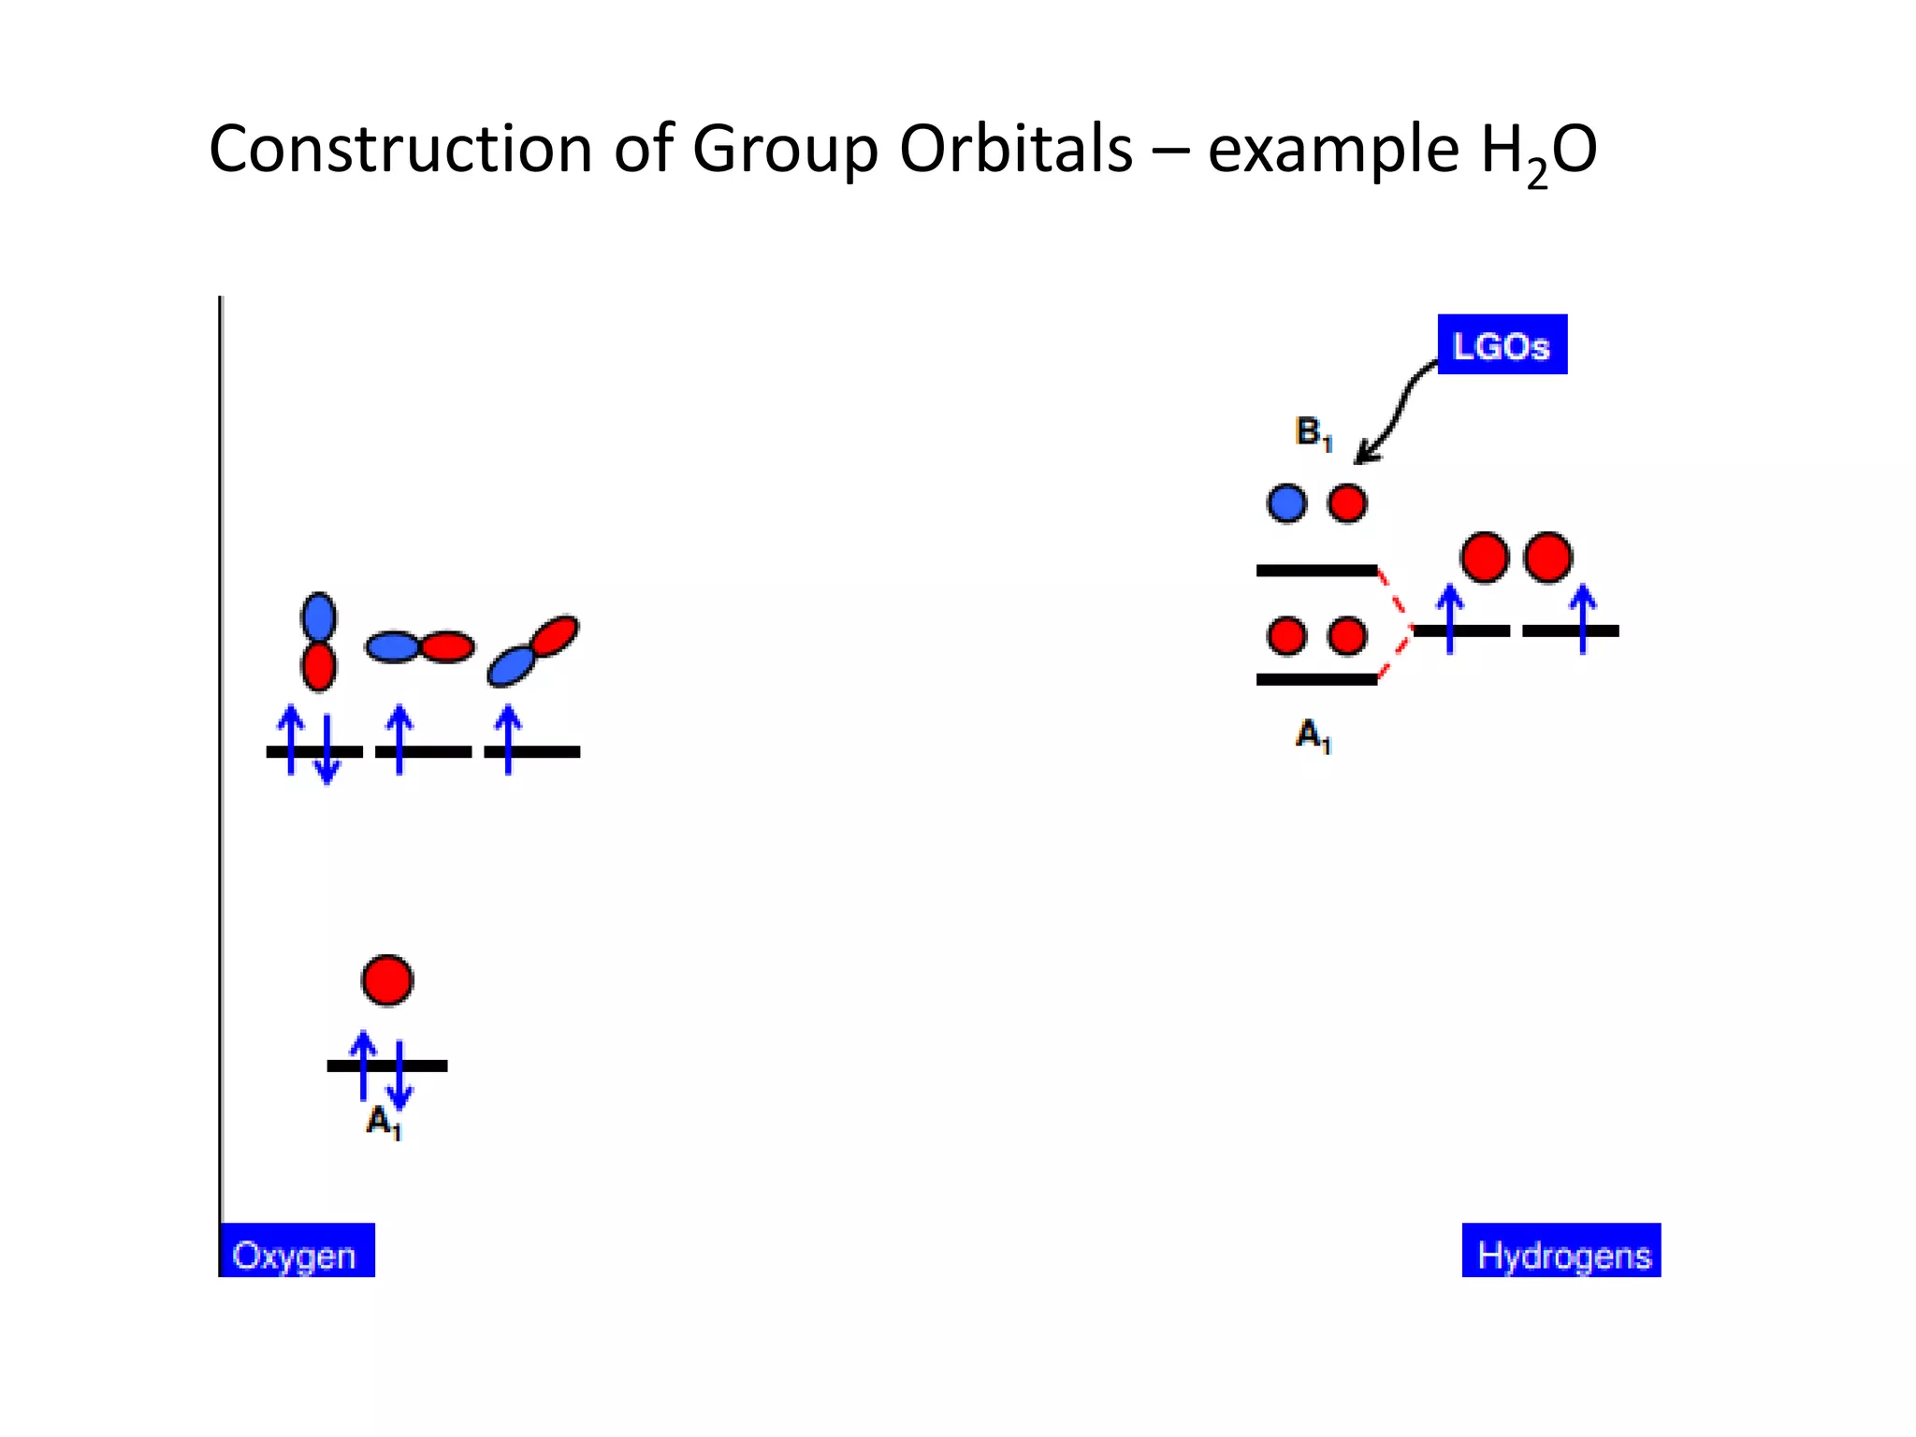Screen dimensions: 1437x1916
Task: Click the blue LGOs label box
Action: pos(1502,345)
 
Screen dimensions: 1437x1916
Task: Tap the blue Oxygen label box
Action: pos(297,1252)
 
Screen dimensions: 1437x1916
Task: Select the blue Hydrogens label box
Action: pos(1561,1252)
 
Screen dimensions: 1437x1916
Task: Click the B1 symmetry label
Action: pos(1313,433)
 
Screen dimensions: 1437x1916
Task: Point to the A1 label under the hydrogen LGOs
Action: pos(1313,735)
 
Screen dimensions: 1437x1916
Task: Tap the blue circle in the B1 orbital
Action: pos(1286,503)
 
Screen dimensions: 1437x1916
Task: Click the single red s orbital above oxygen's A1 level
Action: pos(387,980)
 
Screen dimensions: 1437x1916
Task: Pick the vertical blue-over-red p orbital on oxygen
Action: pos(318,642)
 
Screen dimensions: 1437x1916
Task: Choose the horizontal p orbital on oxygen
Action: pos(419,646)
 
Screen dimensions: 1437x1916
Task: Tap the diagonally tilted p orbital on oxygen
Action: pos(532,650)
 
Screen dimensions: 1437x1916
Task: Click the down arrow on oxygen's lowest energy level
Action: pos(400,1076)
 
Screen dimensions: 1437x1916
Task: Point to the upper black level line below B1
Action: pos(1316,570)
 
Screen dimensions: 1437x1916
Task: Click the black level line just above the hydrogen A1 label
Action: pos(1316,679)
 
